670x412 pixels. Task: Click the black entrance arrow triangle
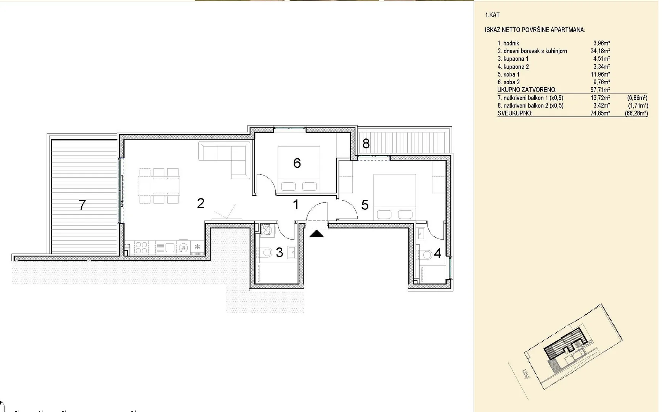(317, 233)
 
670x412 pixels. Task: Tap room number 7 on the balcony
(82, 205)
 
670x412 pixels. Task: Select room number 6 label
(297, 163)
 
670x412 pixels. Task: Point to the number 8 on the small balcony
(366, 143)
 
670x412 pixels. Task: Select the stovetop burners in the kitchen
(141, 248)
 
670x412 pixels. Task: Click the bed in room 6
(299, 169)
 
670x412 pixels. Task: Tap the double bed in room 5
(394, 197)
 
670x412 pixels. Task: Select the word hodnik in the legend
(511, 43)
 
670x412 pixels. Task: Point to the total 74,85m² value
(600, 113)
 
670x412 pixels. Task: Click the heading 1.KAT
(492, 15)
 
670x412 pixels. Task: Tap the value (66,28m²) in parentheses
(636, 113)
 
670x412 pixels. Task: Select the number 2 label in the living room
(201, 203)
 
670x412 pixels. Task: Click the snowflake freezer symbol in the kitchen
(198, 247)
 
